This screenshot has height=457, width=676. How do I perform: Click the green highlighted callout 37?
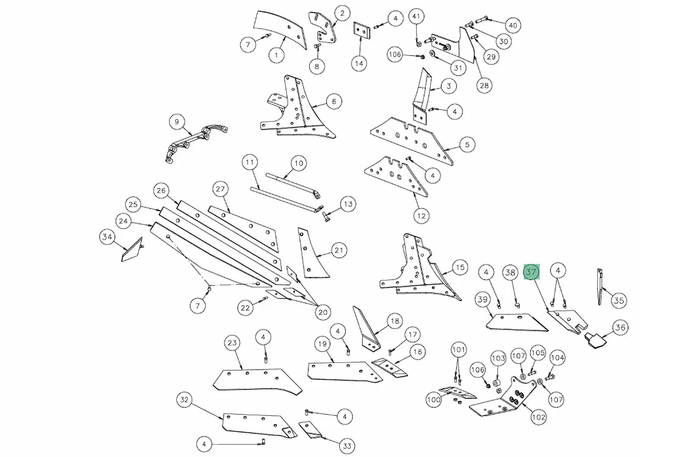531,272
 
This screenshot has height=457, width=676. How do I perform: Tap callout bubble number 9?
177,122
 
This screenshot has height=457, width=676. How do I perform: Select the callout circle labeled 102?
539,417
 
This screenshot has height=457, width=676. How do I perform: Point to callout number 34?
107,237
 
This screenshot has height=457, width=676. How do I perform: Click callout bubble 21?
339,250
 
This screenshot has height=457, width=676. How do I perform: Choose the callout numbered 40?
513,25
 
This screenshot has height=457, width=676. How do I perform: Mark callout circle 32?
184,400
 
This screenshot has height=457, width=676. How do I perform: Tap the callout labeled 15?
460,268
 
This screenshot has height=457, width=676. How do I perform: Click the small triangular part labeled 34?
132,251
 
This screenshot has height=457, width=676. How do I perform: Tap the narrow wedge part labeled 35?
601,286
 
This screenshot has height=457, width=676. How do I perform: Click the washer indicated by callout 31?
433,54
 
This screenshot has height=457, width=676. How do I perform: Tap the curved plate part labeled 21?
312,254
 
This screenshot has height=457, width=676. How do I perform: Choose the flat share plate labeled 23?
257,381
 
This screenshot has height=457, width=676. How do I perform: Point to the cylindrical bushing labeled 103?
496,383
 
